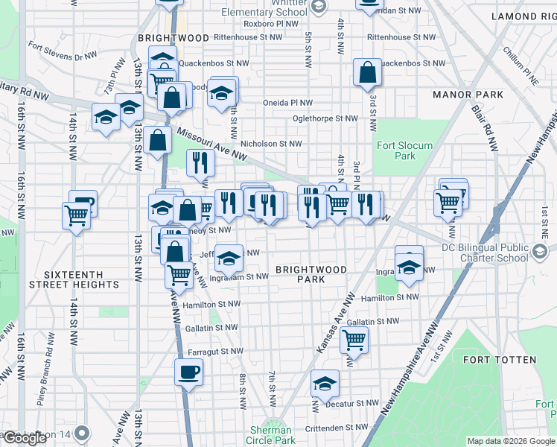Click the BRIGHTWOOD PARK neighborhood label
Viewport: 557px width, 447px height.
click(311, 273)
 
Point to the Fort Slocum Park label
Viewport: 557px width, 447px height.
click(395, 150)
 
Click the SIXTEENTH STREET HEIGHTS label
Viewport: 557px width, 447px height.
click(74, 279)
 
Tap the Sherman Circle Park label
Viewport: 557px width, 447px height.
click(271, 435)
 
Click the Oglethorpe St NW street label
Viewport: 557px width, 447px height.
click(325, 118)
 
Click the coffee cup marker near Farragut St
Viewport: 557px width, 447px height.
click(188, 371)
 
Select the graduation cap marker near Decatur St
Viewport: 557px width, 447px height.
click(325, 384)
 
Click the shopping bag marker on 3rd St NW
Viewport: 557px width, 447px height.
click(367, 73)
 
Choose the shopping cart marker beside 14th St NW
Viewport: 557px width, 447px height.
click(77, 215)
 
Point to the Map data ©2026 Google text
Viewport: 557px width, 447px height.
click(510, 441)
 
